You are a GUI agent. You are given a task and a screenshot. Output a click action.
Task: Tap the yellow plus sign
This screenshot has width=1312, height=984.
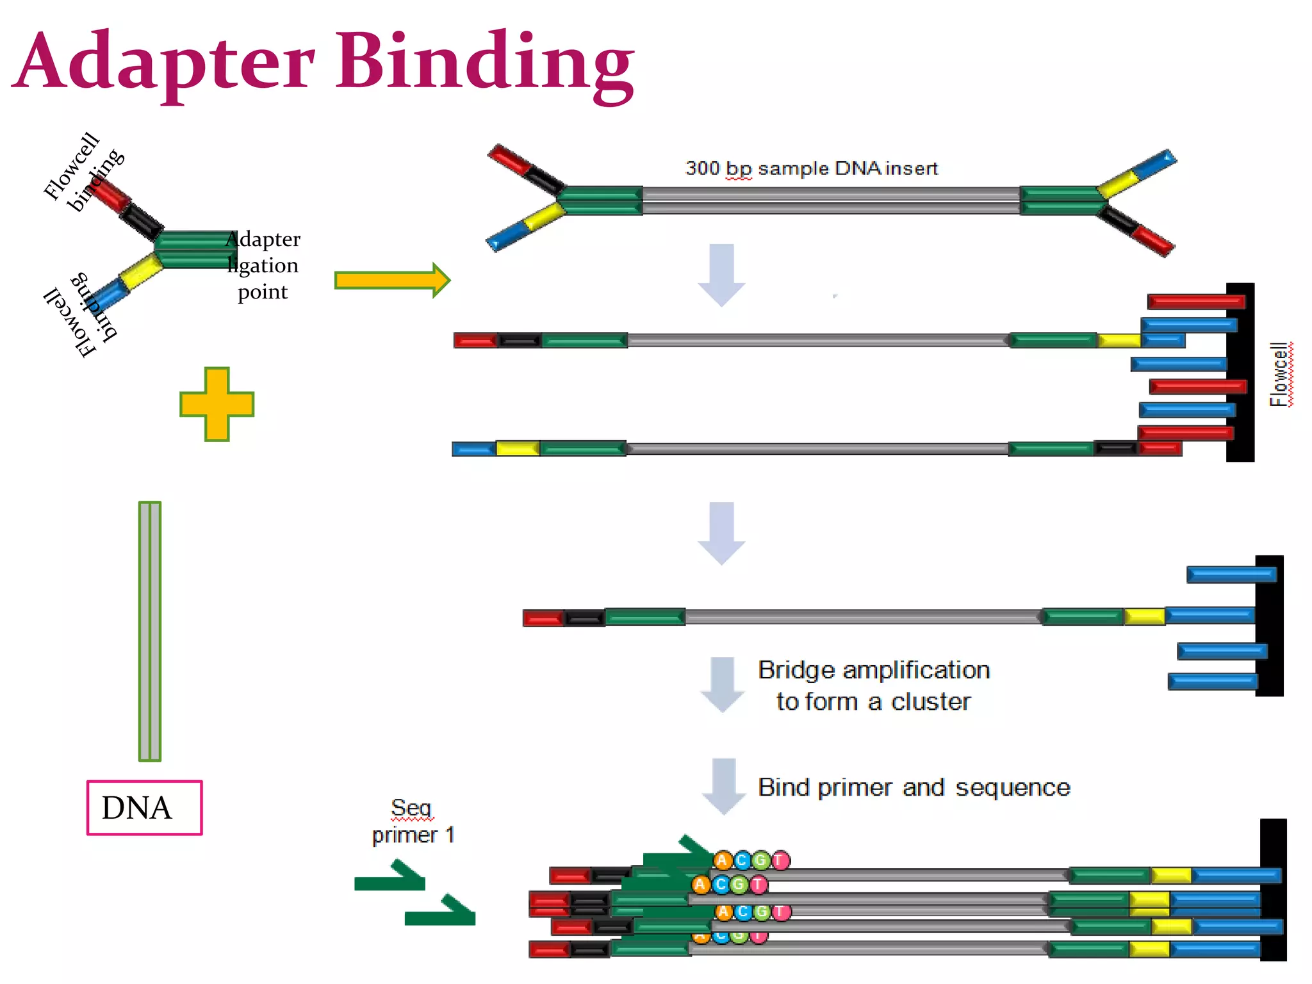click(x=217, y=404)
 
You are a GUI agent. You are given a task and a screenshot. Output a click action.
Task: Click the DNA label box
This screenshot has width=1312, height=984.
click(x=144, y=808)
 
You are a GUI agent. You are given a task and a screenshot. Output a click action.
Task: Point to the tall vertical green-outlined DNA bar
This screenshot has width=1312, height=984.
click(x=150, y=631)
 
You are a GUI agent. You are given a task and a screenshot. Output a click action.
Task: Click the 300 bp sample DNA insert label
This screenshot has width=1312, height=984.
click(x=811, y=168)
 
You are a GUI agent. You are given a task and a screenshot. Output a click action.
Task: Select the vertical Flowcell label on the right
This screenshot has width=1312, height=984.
click(x=1279, y=374)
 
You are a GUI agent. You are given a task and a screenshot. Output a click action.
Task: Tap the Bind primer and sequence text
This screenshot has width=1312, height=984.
click(x=914, y=787)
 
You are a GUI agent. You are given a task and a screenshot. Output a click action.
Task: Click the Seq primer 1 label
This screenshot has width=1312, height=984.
click(x=413, y=822)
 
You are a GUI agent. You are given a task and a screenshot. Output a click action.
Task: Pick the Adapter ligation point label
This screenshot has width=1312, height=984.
click(x=263, y=265)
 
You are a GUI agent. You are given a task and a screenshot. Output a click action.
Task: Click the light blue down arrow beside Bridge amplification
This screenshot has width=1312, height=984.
click(x=723, y=684)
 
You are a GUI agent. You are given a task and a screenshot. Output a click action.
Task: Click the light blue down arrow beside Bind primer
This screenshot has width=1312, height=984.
click(x=724, y=785)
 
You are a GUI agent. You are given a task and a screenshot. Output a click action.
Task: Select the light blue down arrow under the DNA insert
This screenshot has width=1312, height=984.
click(x=721, y=274)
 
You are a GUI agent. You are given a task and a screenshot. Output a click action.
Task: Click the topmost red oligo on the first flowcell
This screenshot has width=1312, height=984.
click(x=1195, y=302)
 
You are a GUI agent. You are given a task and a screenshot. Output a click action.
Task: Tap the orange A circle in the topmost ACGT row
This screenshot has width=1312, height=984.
click(x=723, y=860)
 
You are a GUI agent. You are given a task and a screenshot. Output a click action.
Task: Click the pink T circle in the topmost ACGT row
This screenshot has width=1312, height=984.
click(x=780, y=860)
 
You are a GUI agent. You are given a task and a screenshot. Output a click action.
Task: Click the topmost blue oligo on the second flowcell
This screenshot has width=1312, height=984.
click(x=1231, y=574)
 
